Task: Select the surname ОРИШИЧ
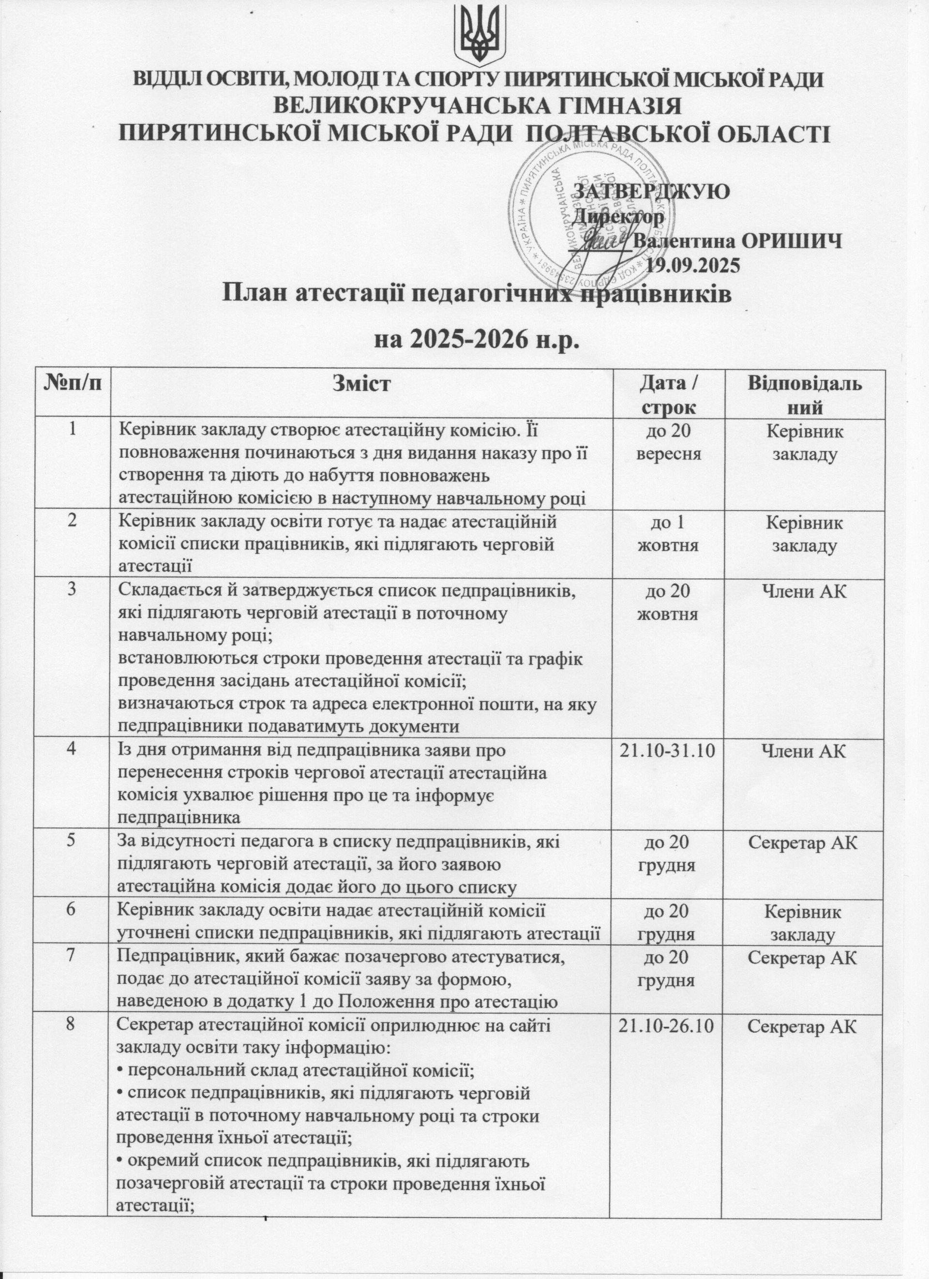[x=792, y=241]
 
